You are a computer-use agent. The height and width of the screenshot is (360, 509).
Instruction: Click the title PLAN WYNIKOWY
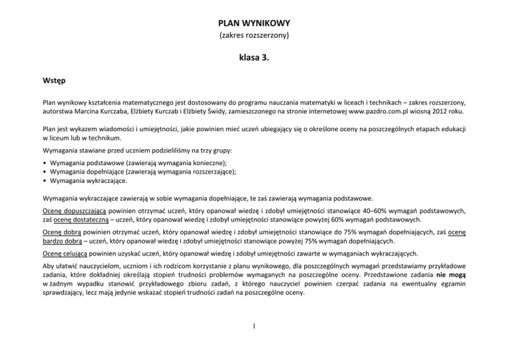254,21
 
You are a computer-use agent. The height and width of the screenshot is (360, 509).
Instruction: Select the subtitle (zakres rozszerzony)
254,34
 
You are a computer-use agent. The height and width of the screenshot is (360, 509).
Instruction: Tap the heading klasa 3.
254,58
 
